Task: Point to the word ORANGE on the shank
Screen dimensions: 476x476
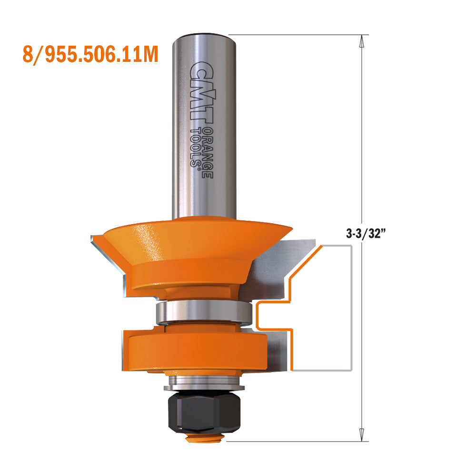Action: point(207,153)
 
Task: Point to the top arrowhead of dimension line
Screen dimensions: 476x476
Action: point(362,41)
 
